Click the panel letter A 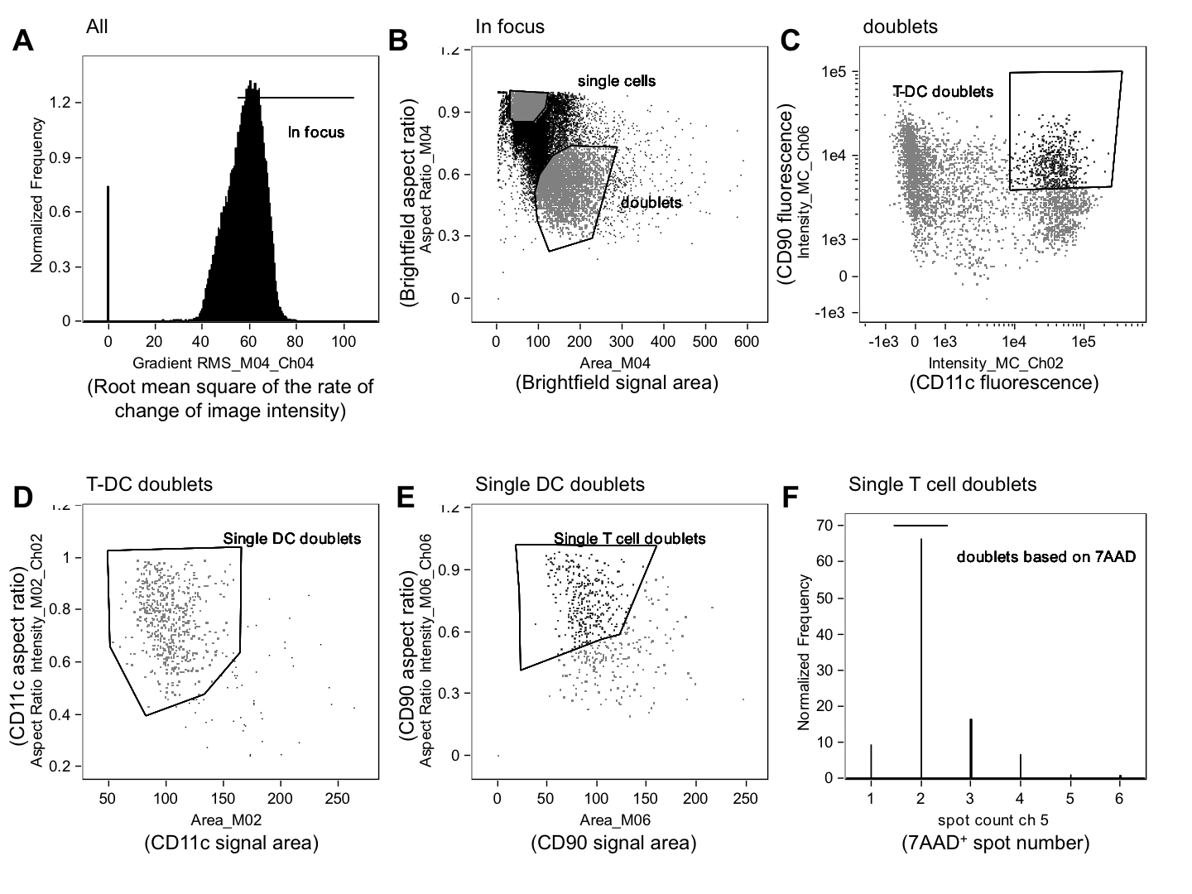click(x=23, y=40)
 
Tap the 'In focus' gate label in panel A click(x=316, y=132)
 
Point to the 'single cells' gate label click(x=617, y=80)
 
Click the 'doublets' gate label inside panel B click(x=651, y=202)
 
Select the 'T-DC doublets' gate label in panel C click(x=943, y=91)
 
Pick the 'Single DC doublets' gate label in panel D click(x=292, y=538)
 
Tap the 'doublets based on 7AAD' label click(x=1046, y=556)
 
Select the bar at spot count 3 click(x=971, y=748)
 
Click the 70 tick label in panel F click(x=823, y=525)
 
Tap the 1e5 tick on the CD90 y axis click(x=833, y=72)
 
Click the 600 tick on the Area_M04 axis click(x=747, y=341)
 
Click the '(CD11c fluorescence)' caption click(x=1003, y=382)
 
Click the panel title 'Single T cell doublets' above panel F click(x=942, y=483)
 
